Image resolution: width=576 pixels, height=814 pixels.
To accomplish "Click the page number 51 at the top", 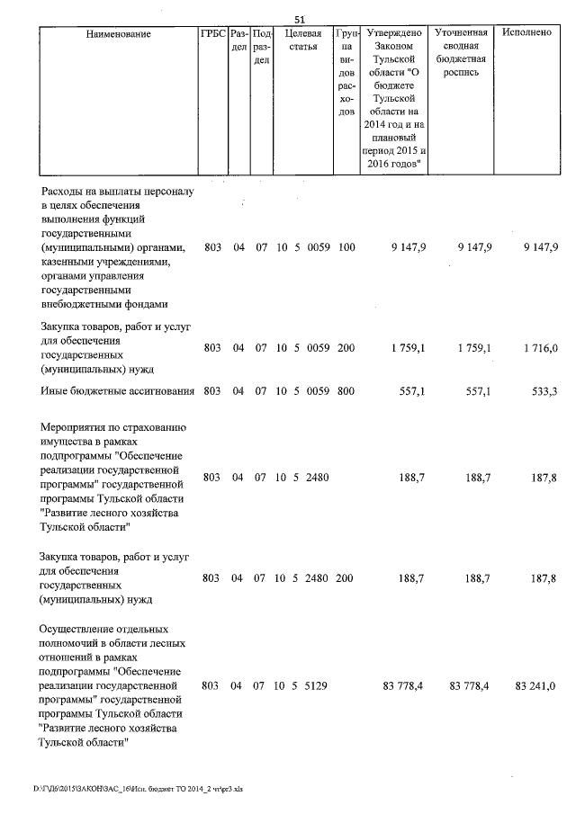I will (301, 19).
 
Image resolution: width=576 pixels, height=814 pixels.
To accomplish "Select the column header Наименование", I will (119, 34).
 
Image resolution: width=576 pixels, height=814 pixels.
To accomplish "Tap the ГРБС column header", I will (212, 34).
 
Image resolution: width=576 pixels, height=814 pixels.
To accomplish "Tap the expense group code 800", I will (346, 391).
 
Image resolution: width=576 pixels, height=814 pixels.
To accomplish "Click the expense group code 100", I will (346, 247).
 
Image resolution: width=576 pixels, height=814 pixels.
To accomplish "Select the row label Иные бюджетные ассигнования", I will (118, 391).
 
